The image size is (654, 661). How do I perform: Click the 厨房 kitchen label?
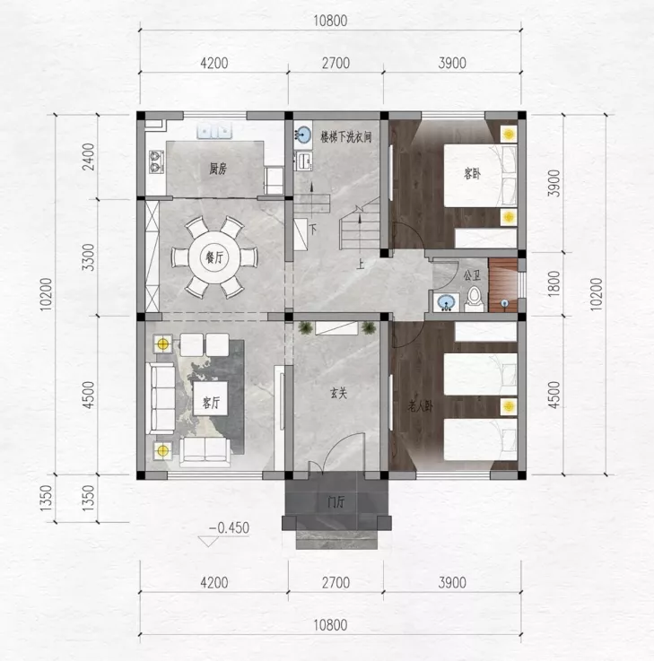pyautogui.click(x=218, y=169)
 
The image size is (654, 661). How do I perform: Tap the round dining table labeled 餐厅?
pyautogui.click(x=214, y=257)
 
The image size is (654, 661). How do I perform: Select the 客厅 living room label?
pyautogui.click(x=211, y=403)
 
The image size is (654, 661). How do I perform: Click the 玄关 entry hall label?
pyautogui.click(x=338, y=394)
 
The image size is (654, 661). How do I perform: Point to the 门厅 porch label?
pyautogui.click(x=336, y=501)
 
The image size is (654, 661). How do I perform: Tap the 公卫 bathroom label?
pyautogui.click(x=472, y=276)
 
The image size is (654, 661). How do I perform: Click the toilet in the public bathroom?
pyautogui.click(x=474, y=299)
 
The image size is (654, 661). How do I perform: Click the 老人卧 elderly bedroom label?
pyautogui.click(x=420, y=407)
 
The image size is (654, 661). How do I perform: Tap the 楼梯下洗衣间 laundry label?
pyautogui.click(x=345, y=137)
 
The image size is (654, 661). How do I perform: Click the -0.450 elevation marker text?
pyautogui.click(x=229, y=527)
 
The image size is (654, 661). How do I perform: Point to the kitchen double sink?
pyautogui.click(x=214, y=131)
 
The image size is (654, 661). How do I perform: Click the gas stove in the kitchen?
pyautogui.click(x=156, y=161)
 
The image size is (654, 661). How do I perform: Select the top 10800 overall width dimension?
pyautogui.click(x=330, y=21)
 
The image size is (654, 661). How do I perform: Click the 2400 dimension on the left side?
pyautogui.click(x=89, y=157)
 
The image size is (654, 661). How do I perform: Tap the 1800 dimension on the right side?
pyautogui.click(x=554, y=283)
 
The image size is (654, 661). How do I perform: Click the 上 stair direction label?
pyautogui.click(x=360, y=265)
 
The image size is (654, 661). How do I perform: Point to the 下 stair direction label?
pyautogui.click(x=313, y=230)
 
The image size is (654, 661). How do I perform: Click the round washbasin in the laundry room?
pyautogui.click(x=302, y=134)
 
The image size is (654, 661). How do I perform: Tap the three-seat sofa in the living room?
pyautogui.click(x=161, y=398)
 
